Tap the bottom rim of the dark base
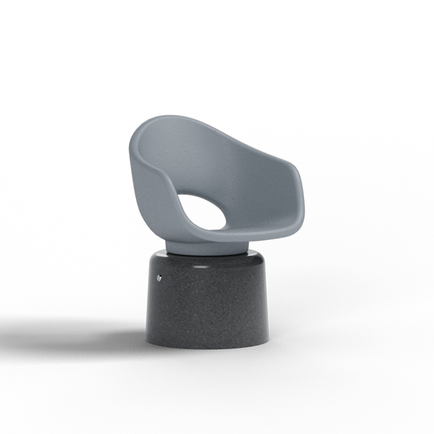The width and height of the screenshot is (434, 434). tap(210, 346)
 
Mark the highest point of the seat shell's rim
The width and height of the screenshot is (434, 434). tap(168, 117)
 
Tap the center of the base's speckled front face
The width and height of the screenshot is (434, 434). tap(210, 304)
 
